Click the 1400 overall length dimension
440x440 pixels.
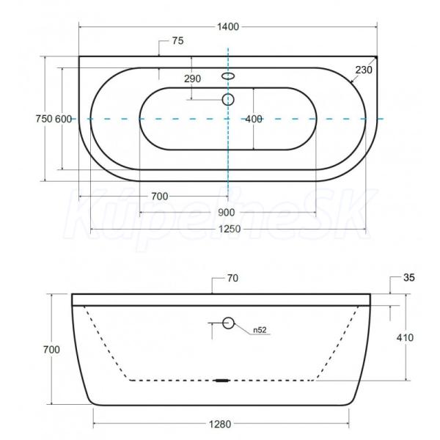click(x=228, y=27)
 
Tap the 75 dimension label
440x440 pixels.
click(x=178, y=41)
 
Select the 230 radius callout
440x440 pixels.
click(x=364, y=70)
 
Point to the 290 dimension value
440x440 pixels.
click(x=192, y=79)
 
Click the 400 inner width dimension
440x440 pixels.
click(x=254, y=120)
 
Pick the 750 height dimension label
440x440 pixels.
click(x=44, y=119)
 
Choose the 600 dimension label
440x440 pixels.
click(x=63, y=119)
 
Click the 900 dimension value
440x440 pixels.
click(x=227, y=213)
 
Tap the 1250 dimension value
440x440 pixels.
click(x=230, y=230)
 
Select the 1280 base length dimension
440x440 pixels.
click(x=220, y=425)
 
